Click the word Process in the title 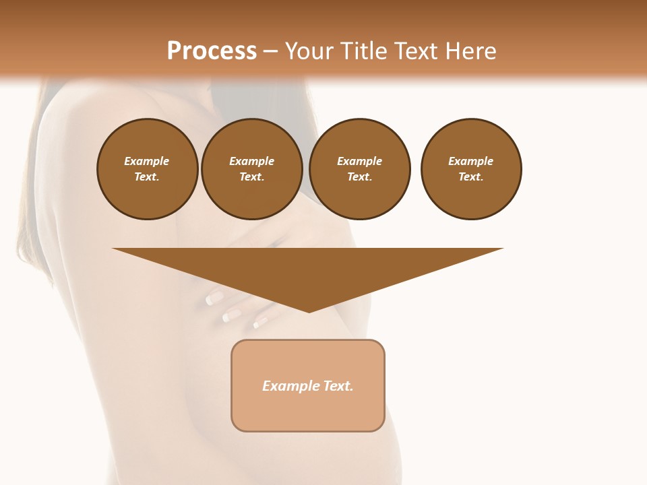(212, 51)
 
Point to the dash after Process (270, 52)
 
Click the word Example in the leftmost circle (147, 161)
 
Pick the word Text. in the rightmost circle (471, 176)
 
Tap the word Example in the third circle (359, 161)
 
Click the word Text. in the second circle (251, 176)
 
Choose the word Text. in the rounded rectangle (338, 386)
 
